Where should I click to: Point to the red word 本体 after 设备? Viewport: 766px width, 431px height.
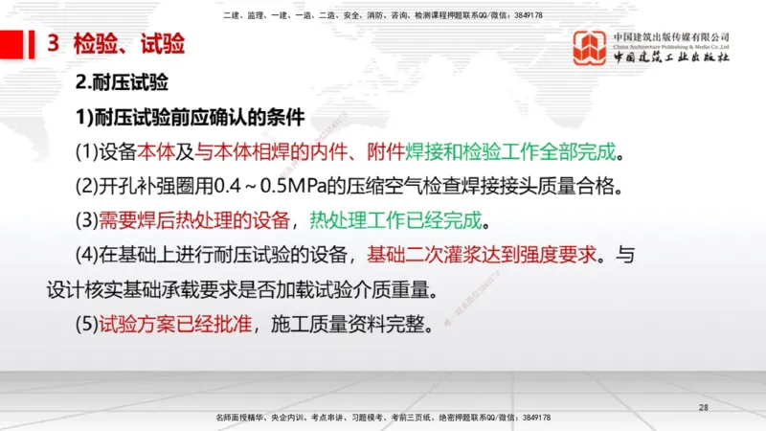158,152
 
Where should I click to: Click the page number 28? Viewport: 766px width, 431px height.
704,408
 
